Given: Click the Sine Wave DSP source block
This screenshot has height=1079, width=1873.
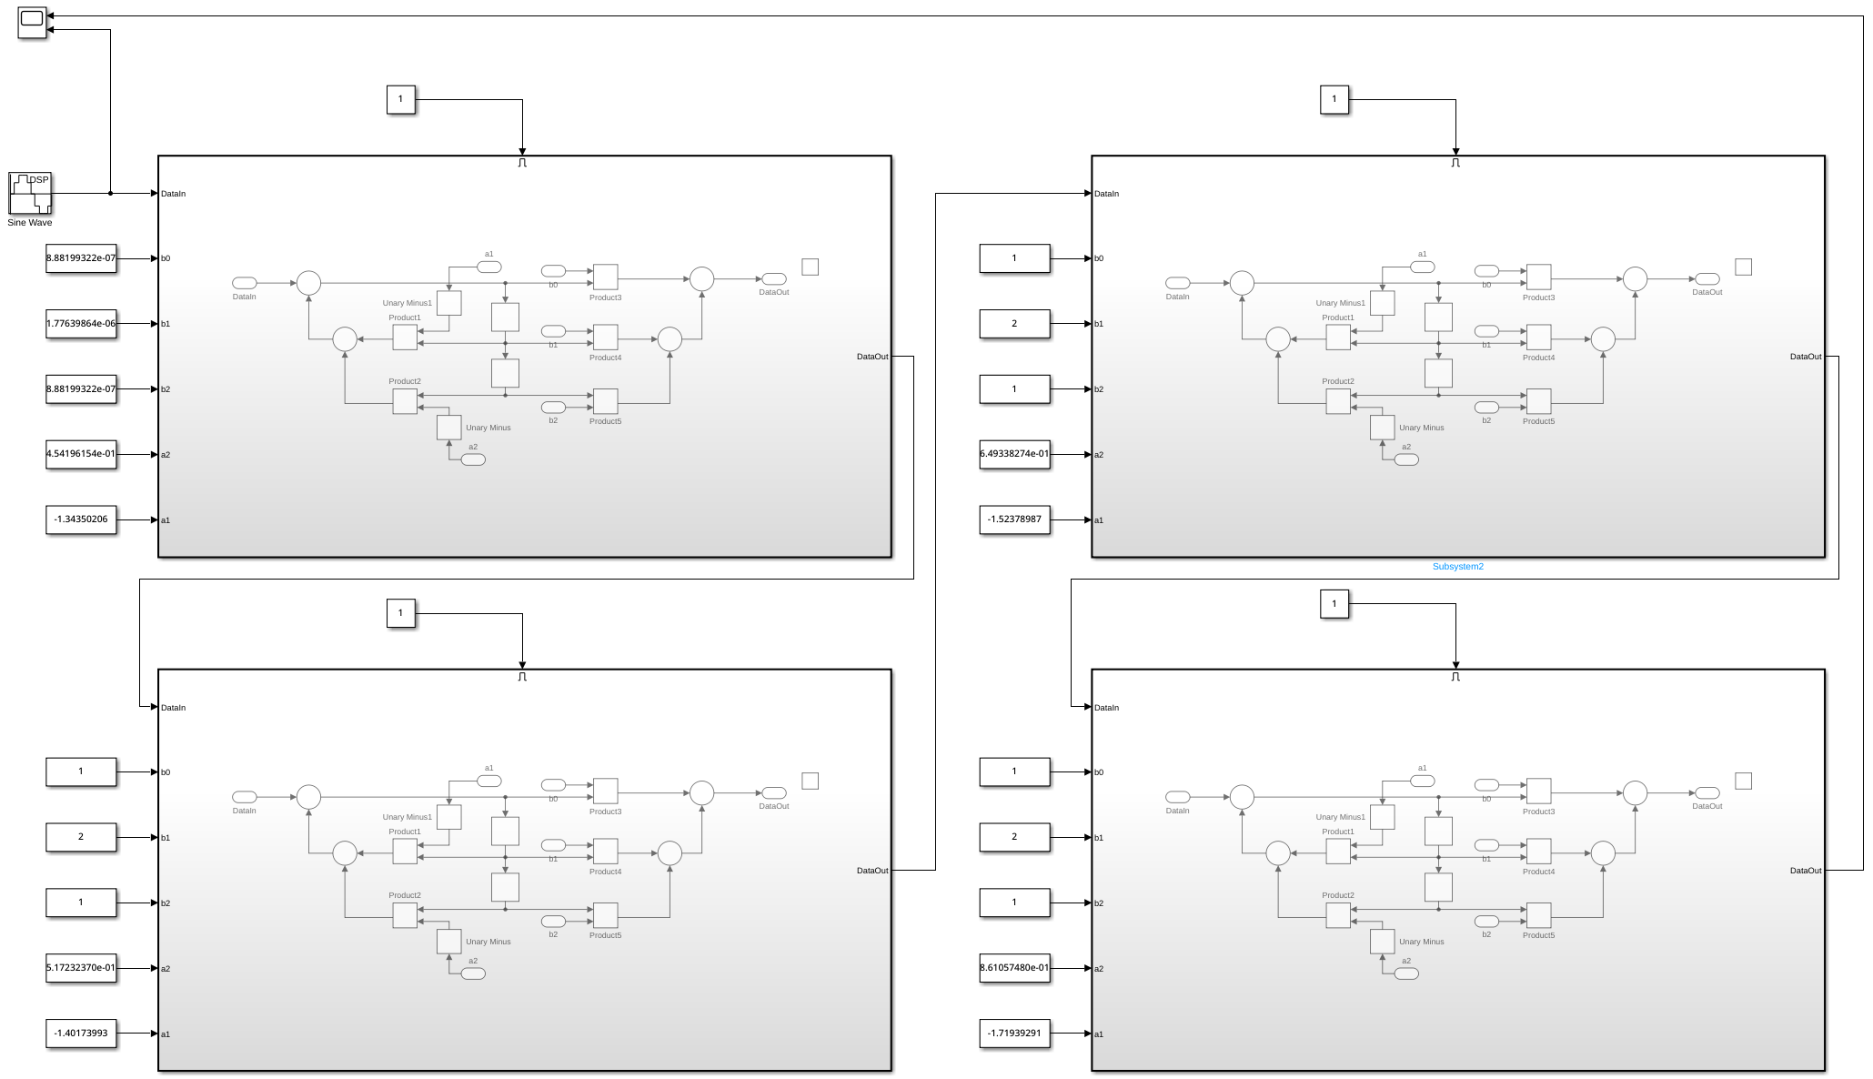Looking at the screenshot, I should (30, 193).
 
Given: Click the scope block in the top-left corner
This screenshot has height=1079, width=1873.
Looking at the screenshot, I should (32, 23).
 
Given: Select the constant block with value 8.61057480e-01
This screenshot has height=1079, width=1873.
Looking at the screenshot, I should (1014, 968).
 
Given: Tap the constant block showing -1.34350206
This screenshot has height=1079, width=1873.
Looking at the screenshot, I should (81, 519).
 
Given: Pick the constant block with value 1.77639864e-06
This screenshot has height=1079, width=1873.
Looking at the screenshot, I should (81, 324).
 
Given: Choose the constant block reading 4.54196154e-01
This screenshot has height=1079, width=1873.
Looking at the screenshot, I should (81, 454).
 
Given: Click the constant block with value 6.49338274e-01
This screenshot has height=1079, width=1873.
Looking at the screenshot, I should (1014, 454).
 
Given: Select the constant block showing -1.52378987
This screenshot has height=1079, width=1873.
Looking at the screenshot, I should (1014, 519).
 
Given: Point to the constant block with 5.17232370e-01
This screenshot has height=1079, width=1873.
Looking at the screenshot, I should (81, 968).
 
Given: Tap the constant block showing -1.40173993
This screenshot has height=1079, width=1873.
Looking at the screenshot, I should (81, 1034).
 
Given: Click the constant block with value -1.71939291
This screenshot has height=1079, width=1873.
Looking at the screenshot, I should (1014, 1034).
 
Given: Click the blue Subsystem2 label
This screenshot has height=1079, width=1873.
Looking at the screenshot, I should (1457, 567).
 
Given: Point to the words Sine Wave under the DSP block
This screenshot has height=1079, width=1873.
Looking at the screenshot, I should (30, 223).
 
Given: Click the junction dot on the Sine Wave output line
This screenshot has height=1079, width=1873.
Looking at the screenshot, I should (111, 193).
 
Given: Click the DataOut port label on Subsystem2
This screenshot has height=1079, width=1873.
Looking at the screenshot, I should (1805, 357).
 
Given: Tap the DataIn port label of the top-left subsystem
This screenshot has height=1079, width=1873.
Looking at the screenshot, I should (173, 194).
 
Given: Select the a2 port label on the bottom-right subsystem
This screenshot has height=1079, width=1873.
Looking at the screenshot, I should (1099, 969).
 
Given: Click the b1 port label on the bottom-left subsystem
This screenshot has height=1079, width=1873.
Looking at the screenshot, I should (166, 838).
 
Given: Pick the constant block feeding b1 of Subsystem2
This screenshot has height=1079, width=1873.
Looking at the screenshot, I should (1014, 324).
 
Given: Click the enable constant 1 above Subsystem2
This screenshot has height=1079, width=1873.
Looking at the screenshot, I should (1334, 99).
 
